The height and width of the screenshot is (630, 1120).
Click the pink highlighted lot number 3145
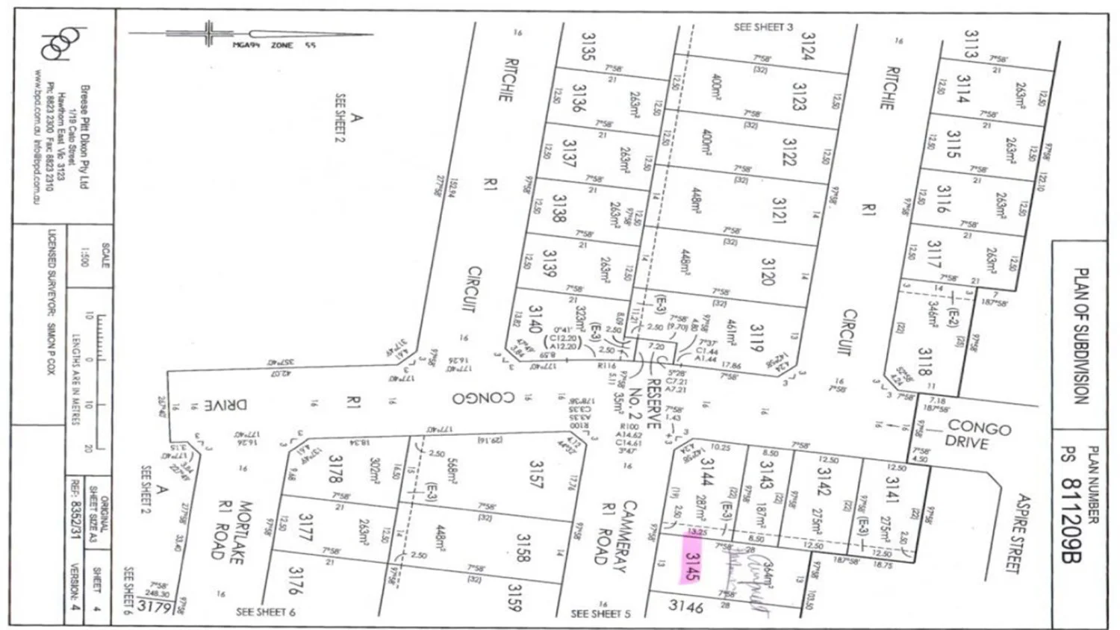(691, 567)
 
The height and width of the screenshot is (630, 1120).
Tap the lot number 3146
(685, 606)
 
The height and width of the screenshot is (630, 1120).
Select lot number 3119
(756, 338)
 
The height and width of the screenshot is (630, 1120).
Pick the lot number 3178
(335, 469)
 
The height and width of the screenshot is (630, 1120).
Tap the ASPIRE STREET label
(1018, 534)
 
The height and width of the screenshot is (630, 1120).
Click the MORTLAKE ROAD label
(237, 530)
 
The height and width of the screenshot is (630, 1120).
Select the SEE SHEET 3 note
(763, 28)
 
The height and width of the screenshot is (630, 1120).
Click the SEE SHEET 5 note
(600, 614)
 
